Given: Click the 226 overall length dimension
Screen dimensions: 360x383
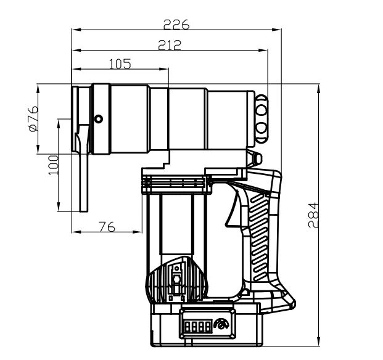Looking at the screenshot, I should coord(176,25).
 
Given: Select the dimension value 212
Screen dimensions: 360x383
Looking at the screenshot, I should coord(168,44).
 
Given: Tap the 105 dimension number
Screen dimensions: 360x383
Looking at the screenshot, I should coord(119,63).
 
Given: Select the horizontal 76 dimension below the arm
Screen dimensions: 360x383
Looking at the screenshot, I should coord(107,226).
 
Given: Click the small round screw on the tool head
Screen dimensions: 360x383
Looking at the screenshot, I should coord(97,119).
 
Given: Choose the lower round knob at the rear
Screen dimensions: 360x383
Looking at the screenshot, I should coord(262,128).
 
